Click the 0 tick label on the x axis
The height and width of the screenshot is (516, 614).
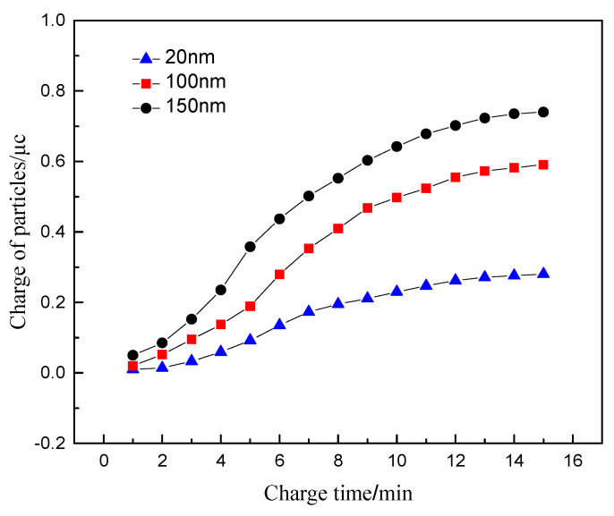[x=104, y=461]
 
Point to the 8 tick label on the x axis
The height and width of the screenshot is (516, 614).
[x=337, y=461]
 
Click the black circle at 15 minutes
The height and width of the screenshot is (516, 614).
[x=542, y=112]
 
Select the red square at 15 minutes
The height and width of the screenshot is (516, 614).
[x=542, y=165]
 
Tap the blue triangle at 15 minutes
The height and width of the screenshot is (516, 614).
[x=542, y=273]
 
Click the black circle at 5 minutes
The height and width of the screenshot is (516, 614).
[x=250, y=246]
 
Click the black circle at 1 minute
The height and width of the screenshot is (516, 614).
[x=133, y=355]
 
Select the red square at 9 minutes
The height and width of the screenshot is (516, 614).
[x=367, y=207]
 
